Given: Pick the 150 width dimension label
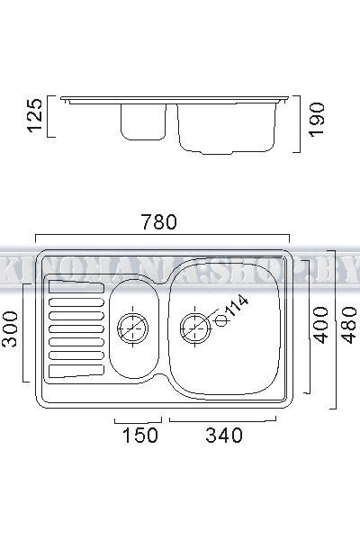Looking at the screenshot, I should click(x=139, y=436).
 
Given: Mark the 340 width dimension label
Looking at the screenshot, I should click(x=223, y=436).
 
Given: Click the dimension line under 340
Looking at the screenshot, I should click(x=223, y=419).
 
